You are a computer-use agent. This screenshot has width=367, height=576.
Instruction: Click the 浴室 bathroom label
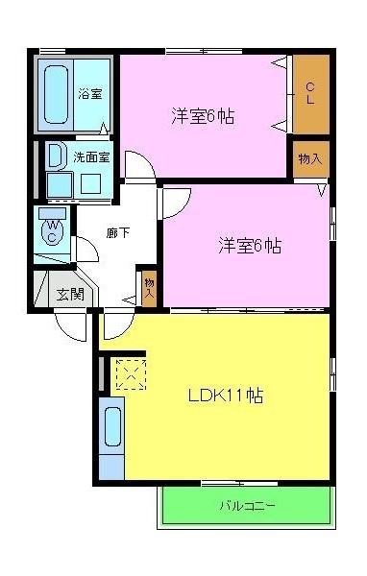[91, 94]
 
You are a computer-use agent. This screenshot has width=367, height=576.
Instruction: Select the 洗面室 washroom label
[91, 155]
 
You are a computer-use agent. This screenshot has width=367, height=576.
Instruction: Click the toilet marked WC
[54, 230]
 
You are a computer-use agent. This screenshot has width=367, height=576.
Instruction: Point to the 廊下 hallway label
[117, 232]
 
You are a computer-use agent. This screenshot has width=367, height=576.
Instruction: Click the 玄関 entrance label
[69, 294]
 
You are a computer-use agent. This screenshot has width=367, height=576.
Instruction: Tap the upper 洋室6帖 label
[204, 117]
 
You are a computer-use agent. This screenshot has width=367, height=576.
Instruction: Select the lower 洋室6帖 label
[248, 245]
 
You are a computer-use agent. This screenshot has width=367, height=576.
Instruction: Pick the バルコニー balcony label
[247, 506]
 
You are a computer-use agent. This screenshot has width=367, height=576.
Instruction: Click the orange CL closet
[310, 94]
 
